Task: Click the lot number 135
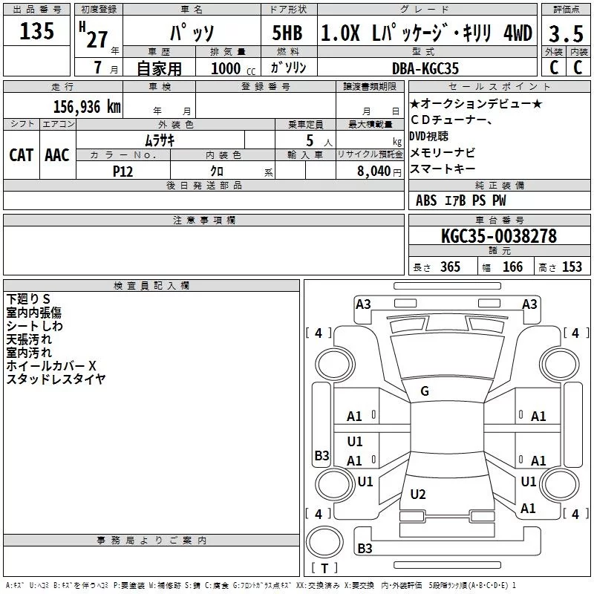37,32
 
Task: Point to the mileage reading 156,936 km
86,107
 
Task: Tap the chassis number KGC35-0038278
498,236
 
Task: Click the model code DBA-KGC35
425,68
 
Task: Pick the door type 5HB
288,33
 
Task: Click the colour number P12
123,171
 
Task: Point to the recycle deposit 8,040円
379,171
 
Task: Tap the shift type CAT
21,155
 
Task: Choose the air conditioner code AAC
57,155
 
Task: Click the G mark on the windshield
425,391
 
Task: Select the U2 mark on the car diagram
418,494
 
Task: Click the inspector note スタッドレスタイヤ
56,379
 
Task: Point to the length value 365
450,267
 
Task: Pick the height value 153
572,267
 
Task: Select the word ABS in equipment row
426,200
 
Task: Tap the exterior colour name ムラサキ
160,140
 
